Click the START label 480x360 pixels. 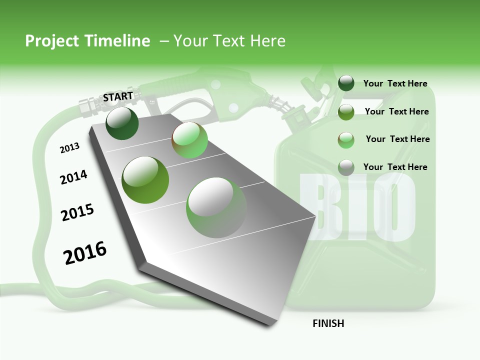coord(118,96)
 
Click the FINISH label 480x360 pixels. coord(328,323)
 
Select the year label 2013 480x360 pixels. coord(69,148)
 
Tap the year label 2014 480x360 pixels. coord(73,177)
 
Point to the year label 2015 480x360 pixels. coord(77,212)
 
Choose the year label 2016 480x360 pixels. coord(85,253)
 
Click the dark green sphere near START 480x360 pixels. coord(122,123)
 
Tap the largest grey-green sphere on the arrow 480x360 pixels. coord(216,207)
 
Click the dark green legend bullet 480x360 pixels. coord(346,83)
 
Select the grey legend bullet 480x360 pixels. coord(346,167)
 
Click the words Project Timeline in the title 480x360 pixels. coord(87,41)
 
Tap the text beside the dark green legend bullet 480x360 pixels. coord(395,84)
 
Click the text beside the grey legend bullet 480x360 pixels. coord(395,167)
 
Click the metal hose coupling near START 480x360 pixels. coord(88,104)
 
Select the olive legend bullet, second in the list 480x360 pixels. coord(346,112)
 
